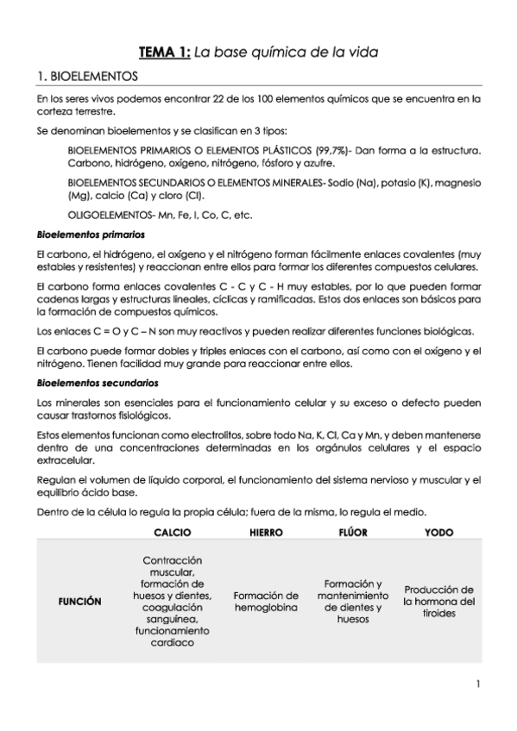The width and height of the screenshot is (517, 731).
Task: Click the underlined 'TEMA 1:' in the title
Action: click(x=165, y=53)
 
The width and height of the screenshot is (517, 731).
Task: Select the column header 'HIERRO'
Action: click(x=266, y=533)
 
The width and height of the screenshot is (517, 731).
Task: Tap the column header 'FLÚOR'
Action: click(x=353, y=533)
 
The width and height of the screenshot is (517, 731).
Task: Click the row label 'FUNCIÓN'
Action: click(x=79, y=602)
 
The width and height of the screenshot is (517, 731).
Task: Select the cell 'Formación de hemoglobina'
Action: click(x=266, y=602)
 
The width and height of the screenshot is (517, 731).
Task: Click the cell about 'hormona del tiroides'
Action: click(x=438, y=602)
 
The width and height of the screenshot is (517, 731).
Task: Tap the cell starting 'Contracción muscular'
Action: click(x=173, y=601)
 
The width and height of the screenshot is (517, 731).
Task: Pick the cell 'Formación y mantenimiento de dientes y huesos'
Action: click(x=353, y=601)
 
